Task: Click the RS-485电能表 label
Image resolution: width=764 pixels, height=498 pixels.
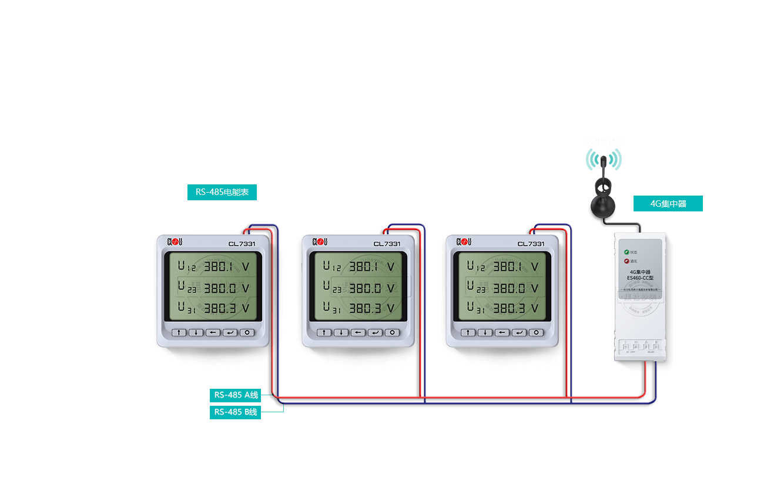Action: tap(222, 193)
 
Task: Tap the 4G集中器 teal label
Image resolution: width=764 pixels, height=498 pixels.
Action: tap(668, 204)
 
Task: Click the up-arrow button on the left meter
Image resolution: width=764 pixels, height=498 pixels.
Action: tap(179, 332)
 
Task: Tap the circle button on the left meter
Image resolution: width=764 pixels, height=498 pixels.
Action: tap(247, 332)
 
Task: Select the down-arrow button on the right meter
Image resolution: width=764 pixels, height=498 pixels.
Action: tap(485, 332)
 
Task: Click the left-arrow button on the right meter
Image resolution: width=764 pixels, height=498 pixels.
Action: tap(502, 332)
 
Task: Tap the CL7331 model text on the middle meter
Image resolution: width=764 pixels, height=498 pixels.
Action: tap(387, 244)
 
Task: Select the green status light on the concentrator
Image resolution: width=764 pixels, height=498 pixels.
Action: tap(627, 252)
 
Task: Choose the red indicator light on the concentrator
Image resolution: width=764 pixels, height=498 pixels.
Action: tap(627, 261)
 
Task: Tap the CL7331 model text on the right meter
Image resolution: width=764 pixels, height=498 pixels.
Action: tap(531, 244)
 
